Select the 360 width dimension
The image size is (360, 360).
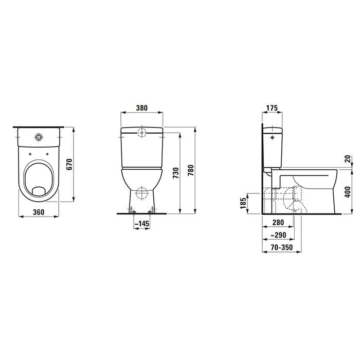(38, 212)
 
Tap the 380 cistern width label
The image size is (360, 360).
(141, 108)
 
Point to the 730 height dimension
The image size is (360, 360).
(174, 172)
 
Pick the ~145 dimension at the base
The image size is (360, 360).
(141, 224)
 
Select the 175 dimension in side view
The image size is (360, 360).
(272, 108)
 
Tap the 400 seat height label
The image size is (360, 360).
(347, 191)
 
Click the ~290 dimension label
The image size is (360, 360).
(279, 235)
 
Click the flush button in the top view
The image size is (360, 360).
(39, 137)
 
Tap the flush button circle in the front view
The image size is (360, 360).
(141, 132)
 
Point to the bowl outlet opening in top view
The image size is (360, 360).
(39, 191)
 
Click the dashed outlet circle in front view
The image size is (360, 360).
(141, 196)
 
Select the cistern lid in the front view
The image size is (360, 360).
(141, 129)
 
